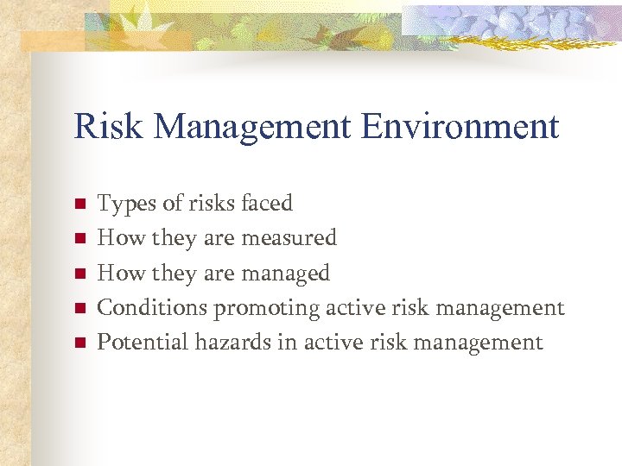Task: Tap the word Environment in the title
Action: (x=460, y=127)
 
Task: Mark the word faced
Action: (x=267, y=204)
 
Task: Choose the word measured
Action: (x=293, y=238)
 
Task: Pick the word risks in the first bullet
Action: (x=212, y=204)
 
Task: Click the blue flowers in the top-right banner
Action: (x=518, y=22)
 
